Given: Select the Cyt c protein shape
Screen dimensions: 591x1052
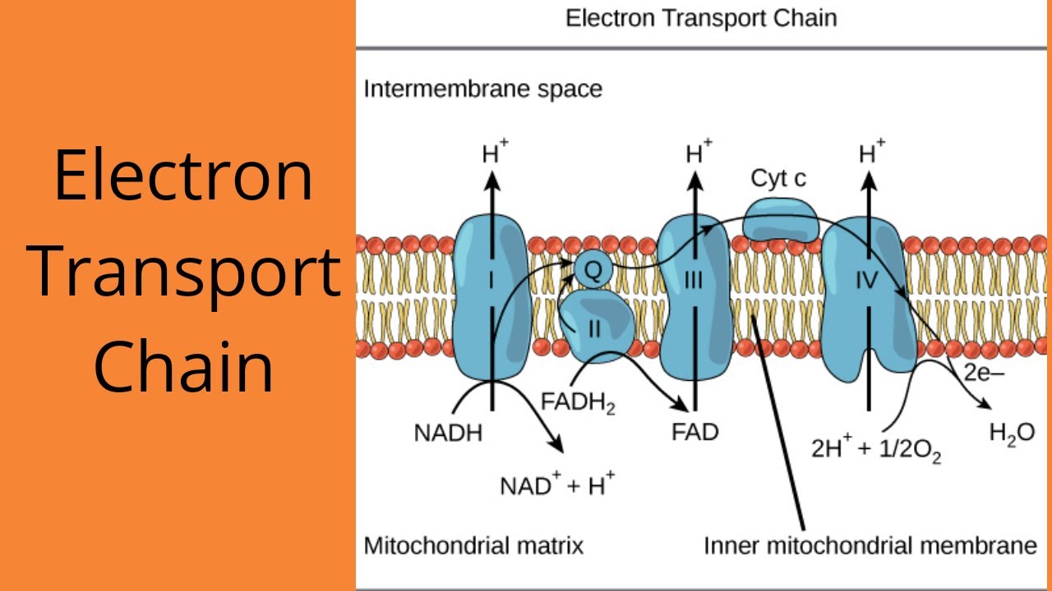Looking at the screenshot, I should pos(780,221).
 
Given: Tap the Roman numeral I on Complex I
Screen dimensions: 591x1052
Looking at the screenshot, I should pos(491,282).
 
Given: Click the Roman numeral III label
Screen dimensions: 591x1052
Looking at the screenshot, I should pos(693,282).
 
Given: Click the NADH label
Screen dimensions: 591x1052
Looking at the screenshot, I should pos(448,433).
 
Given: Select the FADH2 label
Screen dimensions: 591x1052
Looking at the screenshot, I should pos(578,404).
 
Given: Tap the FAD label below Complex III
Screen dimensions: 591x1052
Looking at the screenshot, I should pos(694,432).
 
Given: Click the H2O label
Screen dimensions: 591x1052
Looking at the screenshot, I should pos(1012,434).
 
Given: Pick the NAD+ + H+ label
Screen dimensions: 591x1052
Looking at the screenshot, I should pos(557,485).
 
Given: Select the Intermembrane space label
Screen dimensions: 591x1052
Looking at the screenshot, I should pos(482,89).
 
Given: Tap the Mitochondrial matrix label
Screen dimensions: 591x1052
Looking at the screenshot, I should pos(473,545).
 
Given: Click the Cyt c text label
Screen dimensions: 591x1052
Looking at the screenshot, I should pos(778,178).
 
